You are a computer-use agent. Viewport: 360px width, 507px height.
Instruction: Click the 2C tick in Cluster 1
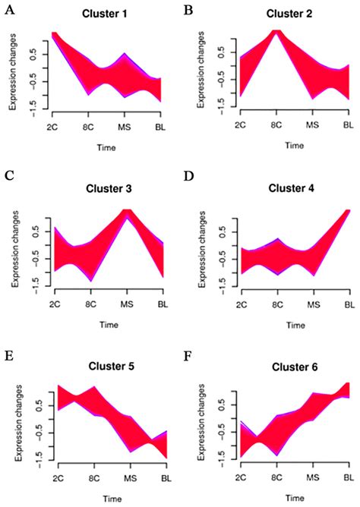click(54, 124)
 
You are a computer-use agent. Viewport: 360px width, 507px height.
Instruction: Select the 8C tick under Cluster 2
click(276, 124)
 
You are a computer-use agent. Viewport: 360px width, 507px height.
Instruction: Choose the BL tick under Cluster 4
click(349, 302)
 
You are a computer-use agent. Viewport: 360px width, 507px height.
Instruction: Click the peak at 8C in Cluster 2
click(276, 33)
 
